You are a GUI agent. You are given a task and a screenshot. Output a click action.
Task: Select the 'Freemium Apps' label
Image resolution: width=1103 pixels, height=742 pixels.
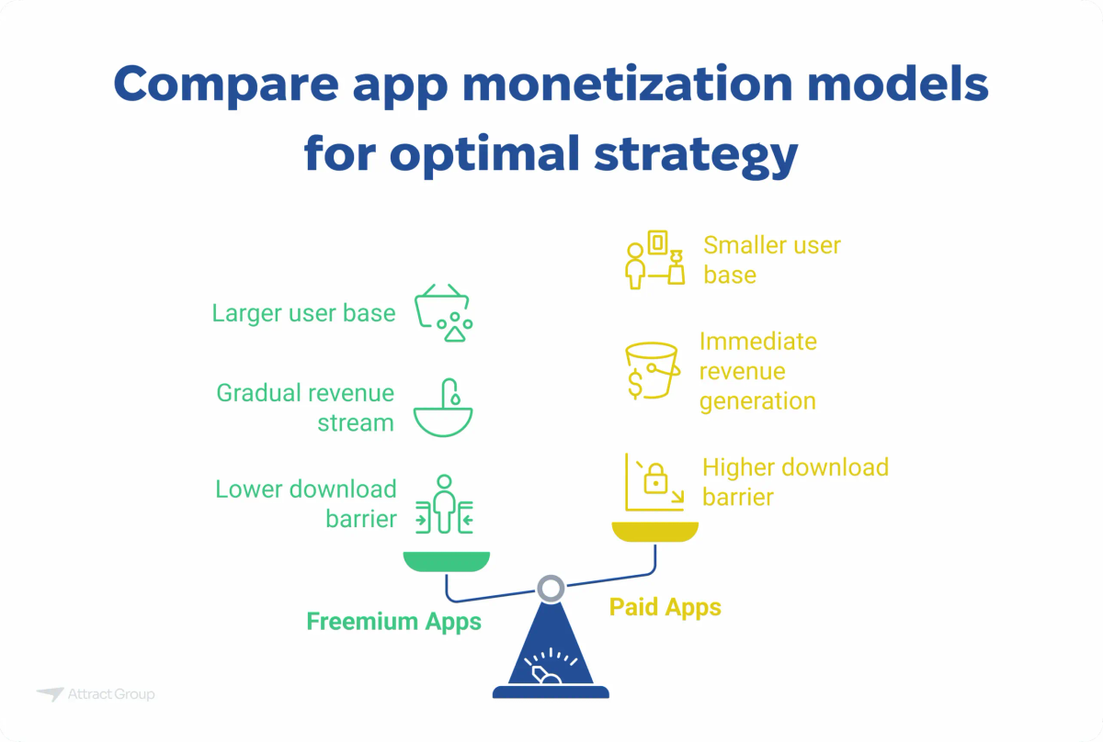(393, 622)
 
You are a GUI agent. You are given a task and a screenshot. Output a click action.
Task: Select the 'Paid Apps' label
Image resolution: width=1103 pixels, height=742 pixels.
(665, 607)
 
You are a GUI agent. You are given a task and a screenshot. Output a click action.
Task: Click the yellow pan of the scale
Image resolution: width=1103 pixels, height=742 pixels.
(655, 532)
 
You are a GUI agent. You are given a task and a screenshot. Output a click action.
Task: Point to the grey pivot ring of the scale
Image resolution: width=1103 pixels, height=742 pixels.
(551, 587)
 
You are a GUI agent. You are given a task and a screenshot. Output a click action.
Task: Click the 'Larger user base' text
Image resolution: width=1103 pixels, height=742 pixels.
(303, 313)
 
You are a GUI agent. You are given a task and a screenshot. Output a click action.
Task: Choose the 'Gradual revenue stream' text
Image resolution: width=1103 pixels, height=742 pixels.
(305, 408)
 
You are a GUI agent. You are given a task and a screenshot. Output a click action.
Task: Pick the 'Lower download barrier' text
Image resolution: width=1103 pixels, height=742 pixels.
(306, 504)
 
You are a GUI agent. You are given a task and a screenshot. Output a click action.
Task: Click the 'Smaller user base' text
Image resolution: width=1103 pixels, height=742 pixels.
(772, 260)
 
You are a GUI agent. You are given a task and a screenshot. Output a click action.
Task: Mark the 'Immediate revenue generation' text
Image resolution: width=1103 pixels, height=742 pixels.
(757, 371)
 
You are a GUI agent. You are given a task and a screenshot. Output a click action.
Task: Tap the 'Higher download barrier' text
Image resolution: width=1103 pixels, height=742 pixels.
(795, 481)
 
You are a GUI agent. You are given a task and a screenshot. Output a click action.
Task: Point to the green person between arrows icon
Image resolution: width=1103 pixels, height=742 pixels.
(445, 504)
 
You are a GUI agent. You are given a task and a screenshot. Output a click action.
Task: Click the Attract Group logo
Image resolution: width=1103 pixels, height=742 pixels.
(96, 694)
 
